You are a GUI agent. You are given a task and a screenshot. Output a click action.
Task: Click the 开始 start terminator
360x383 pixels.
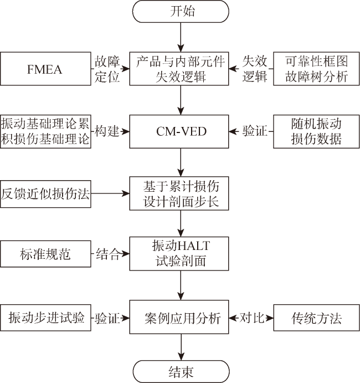tap(181, 12)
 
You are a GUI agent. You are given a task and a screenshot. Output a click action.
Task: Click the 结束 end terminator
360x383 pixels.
tap(181, 371)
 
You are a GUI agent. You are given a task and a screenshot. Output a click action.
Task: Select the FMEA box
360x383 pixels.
tap(45, 69)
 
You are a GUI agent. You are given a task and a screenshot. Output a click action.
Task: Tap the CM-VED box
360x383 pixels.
tap(179, 131)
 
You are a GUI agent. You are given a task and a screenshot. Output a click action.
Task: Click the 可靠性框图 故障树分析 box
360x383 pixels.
tap(316, 69)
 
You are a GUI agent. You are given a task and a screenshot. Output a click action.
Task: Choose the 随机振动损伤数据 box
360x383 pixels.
tap(316, 131)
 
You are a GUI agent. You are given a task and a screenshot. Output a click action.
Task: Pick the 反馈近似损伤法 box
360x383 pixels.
tap(45, 194)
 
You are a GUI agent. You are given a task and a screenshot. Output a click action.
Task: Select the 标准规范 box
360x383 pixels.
tap(45, 254)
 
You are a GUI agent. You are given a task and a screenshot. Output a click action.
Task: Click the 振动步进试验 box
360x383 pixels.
tap(45, 318)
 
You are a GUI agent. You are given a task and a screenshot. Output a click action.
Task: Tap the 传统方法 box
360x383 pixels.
tap(316, 318)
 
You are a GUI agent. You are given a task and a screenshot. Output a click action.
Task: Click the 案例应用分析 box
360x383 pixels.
tap(179, 317)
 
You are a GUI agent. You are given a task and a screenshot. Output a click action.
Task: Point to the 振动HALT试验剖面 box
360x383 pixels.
tap(179, 253)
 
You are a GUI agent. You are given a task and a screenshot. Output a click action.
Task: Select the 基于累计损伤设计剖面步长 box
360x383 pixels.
tap(179, 193)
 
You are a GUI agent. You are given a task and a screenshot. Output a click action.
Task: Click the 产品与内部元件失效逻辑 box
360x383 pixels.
tap(179, 69)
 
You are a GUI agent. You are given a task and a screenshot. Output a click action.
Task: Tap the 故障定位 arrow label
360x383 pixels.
tap(107, 69)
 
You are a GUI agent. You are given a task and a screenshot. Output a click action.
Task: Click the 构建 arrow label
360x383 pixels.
tap(107, 131)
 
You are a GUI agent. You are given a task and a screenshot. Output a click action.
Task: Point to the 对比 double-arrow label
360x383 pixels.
tap(251, 318)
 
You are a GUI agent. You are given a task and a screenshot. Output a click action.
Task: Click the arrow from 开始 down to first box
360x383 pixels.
tap(181, 37)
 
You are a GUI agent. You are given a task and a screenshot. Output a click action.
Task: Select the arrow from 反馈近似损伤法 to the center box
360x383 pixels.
tap(110, 193)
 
